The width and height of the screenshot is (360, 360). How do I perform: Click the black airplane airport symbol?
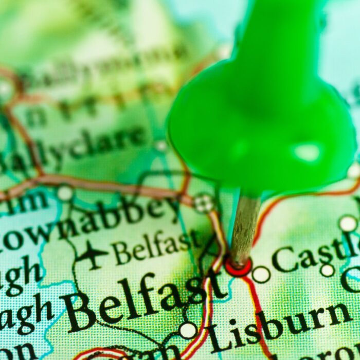(92, 255)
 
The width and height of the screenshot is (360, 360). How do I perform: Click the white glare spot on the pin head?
(308, 152)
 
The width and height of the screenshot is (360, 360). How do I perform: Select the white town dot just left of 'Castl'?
(261, 275)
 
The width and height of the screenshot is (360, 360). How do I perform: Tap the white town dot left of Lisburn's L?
(188, 330)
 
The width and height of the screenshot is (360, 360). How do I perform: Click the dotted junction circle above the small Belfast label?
(204, 203)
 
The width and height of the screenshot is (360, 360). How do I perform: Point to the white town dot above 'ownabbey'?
(65, 193)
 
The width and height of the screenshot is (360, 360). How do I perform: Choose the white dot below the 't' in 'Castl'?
(327, 270)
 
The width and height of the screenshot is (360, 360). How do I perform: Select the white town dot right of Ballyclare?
(161, 146)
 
